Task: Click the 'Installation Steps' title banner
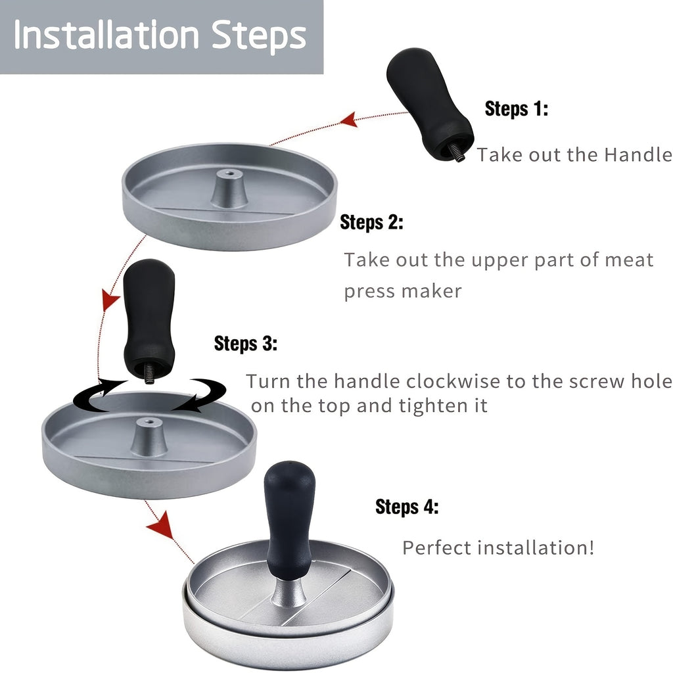tap(161, 36)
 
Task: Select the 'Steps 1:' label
tap(516, 109)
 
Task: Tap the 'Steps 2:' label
tap(371, 223)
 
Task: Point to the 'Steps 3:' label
tap(246, 344)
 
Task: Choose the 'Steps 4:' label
tap(407, 507)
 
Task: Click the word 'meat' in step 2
tap(628, 260)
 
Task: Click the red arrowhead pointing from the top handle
tap(349, 120)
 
